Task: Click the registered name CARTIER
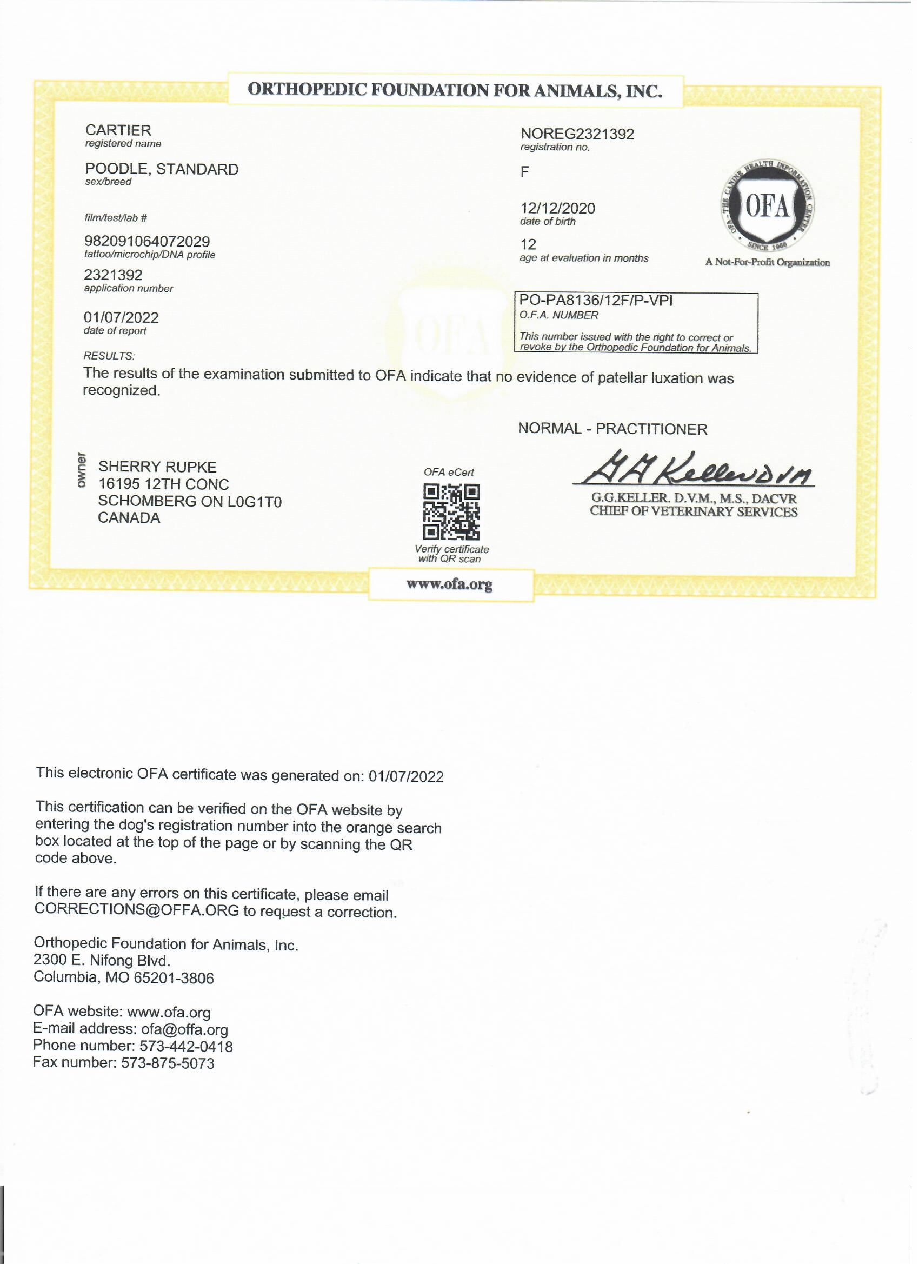click(118, 130)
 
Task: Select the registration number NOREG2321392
click(577, 134)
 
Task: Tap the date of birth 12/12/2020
click(557, 209)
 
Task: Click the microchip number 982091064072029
click(147, 242)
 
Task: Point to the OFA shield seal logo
click(767, 209)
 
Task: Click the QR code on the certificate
click(451, 512)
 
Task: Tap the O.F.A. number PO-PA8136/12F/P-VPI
click(596, 301)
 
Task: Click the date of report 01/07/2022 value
click(121, 318)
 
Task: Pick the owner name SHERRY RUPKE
click(157, 467)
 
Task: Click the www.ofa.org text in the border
click(449, 584)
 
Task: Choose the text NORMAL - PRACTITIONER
click(612, 429)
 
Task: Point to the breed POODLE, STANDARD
click(162, 169)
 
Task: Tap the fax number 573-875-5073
click(167, 1063)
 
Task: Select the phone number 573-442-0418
click(185, 1046)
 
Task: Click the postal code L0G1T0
click(254, 502)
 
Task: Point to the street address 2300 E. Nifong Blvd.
click(102, 960)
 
